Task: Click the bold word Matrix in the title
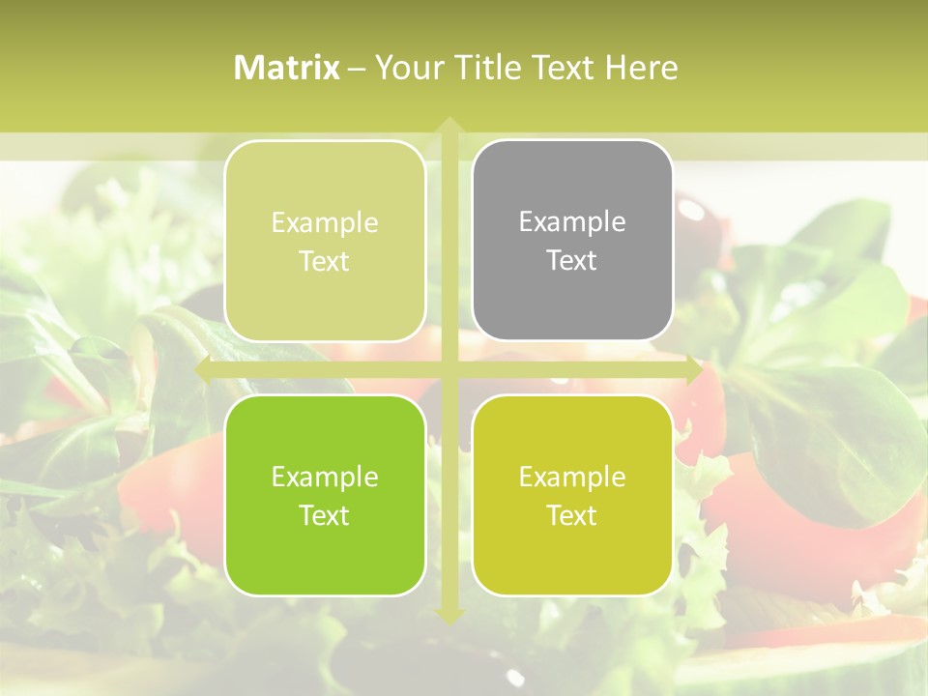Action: [x=287, y=68]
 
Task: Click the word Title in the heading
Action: [x=492, y=68]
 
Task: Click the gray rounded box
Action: [x=572, y=300]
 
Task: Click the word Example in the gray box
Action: [x=572, y=222]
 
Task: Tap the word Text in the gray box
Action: [x=572, y=261]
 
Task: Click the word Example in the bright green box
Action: [x=325, y=477]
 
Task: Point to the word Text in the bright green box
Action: [x=325, y=515]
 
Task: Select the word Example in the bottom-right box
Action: [x=572, y=477]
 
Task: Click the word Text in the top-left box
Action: [x=325, y=262]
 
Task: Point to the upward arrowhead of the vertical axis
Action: [x=449, y=125]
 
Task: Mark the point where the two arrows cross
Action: [x=449, y=370]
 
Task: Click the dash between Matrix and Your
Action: [x=357, y=69]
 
